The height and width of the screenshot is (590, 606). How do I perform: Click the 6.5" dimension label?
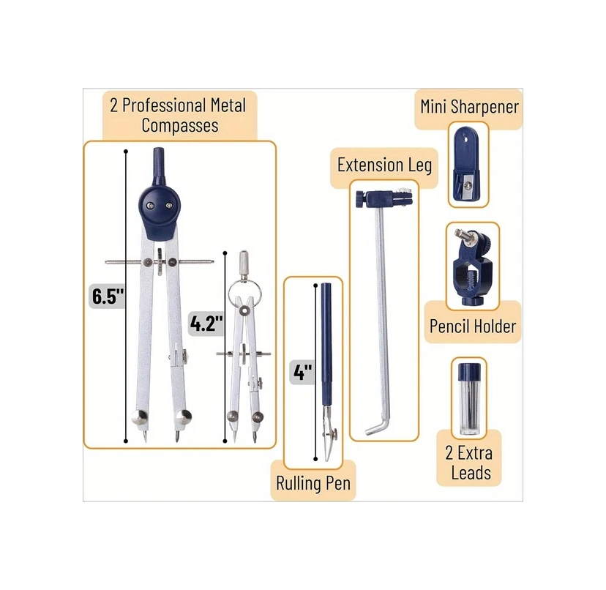[108, 296]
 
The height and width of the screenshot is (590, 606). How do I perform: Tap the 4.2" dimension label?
[206, 323]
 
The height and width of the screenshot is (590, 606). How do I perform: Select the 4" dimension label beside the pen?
[302, 372]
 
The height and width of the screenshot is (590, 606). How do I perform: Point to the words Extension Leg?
[384, 165]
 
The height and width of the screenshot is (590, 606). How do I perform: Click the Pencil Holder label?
[473, 326]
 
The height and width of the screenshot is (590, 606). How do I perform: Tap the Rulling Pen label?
[313, 483]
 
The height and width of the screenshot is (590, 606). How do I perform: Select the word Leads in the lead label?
[471, 472]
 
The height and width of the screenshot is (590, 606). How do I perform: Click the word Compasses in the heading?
[180, 125]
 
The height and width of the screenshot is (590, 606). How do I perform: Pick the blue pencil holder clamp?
[472, 266]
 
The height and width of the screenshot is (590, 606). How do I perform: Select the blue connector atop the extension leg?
[384, 198]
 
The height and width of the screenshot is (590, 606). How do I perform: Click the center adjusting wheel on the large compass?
[160, 262]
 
